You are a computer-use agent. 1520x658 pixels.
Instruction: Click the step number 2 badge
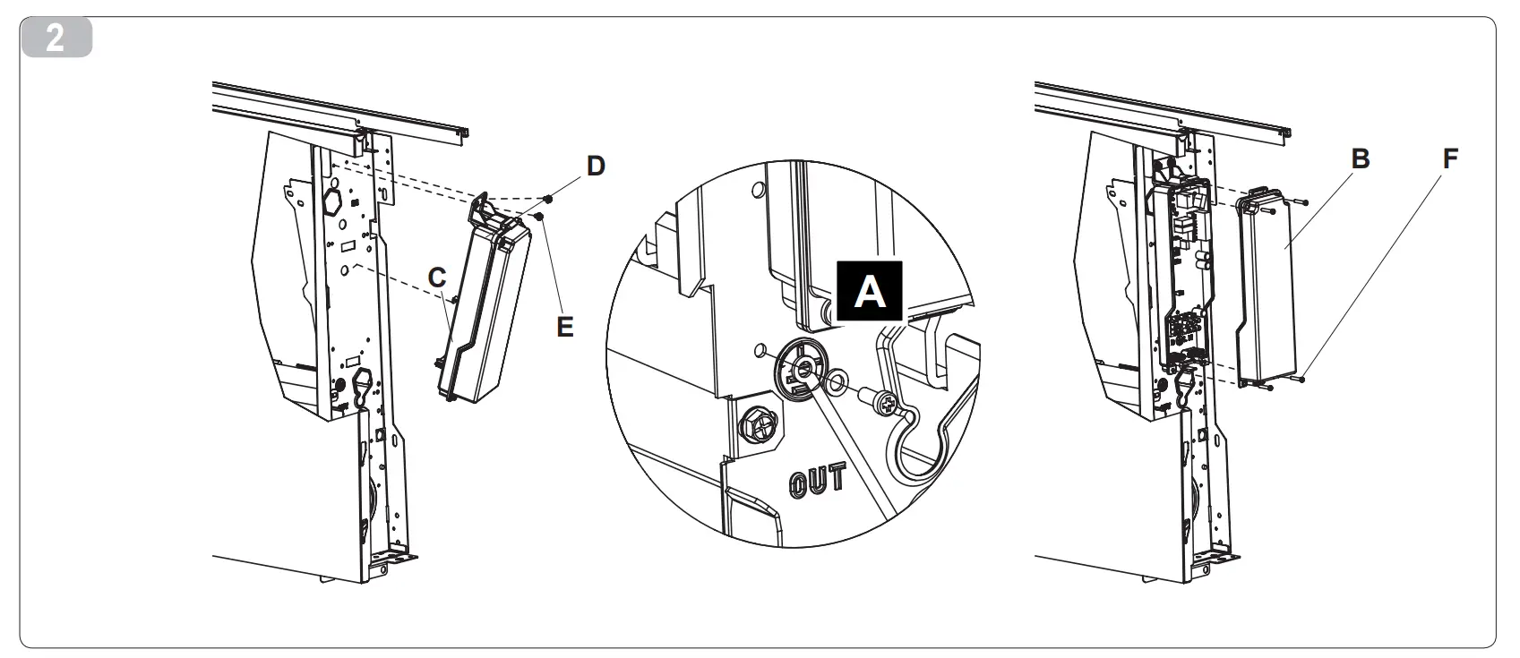pyautogui.click(x=56, y=39)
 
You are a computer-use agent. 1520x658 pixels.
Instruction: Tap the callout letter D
pyautogui.click(x=596, y=166)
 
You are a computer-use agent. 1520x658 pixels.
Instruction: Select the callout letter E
pyautogui.click(x=564, y=326)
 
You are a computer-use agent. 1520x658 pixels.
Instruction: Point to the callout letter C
pyautogui.click(x=436, y=278)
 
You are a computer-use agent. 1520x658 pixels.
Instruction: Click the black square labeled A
pyautogui.click(x=869, y=292)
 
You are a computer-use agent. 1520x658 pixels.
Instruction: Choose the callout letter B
pyautogui.click(x=1360, y=159)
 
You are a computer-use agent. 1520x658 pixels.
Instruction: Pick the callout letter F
pyautogui.click(x=1450, y=159)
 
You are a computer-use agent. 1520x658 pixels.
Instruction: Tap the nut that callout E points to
pyautogui.click(x=539, y=216)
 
